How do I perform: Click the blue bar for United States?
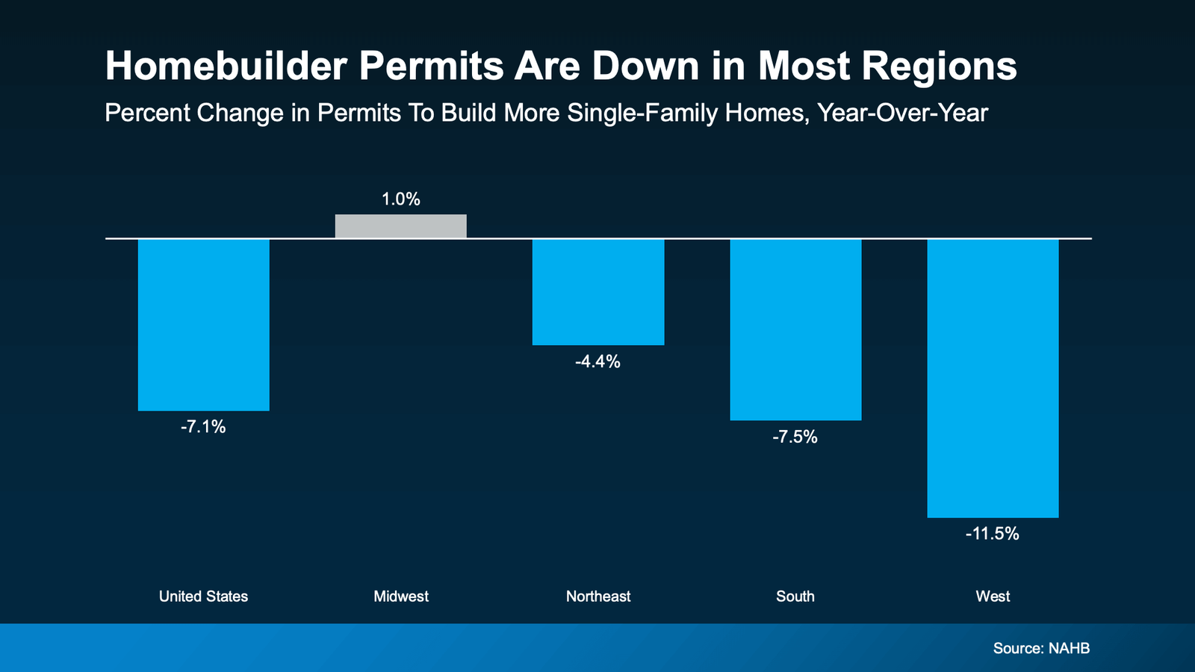click(x=203, y=325)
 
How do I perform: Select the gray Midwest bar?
click(x=400, y=226)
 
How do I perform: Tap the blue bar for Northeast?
click(x=597, y=292)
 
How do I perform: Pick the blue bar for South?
click(x=795, y=329)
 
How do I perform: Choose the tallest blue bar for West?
click(x=993, y=378)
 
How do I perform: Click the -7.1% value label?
click(x=203, y=427)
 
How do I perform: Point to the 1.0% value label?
click(x=400, y=199)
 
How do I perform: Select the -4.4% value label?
click(x=597, y=362)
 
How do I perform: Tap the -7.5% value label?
click(x=795, y=438)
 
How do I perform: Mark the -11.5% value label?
click(x=993, y=534)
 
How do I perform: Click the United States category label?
click(x=203, y=597)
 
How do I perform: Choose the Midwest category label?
click(x=401, y=597)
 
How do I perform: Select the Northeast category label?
click(x=597, y=597)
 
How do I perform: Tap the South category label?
click(x=795, y=597)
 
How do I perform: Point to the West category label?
click(x=993, y=597)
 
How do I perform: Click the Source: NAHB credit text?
click(x=1041, y=648)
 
